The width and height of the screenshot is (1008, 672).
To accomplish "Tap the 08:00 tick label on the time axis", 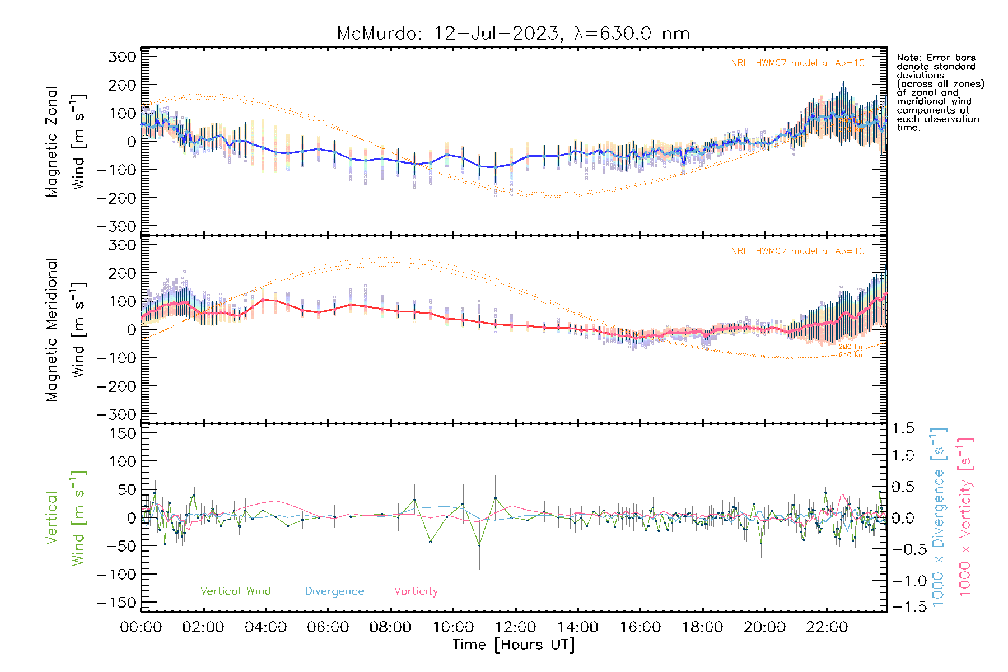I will (x=390, y=627).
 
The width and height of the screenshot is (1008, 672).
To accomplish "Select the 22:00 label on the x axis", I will (x=827, y=627).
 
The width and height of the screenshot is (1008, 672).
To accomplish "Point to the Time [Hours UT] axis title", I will (x=514, y=645).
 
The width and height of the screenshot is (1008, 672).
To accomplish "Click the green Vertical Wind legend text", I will (x=235, y=591).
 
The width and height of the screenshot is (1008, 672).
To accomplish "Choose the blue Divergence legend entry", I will (x=334, y=591).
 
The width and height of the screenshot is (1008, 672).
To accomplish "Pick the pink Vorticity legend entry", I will (x=416, y=591).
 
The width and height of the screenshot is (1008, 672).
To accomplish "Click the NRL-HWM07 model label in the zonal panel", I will (x=797, y=63).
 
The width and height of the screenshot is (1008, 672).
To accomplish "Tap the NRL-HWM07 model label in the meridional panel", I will (x=797, y=251).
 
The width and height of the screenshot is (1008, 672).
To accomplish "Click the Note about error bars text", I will (x=940, y=92).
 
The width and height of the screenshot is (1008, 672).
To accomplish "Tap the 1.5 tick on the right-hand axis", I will (x=903, y=428).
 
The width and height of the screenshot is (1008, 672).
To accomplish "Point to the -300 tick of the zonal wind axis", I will (x=116, y=226).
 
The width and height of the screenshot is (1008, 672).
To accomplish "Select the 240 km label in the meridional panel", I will (x=851, y=355).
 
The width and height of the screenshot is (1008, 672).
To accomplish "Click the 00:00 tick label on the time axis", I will (x=141, y=627).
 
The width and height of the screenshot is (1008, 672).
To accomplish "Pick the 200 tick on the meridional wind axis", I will (x=123, y=273).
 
